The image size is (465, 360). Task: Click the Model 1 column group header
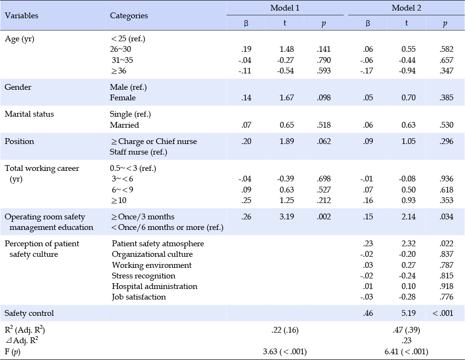click(x=285, y=8)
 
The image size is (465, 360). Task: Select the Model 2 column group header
click(x=406, y=8)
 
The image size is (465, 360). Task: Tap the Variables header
click(x=21, y=15)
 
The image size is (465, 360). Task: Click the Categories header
click(x=129, y=16)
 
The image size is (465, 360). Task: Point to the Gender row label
click(x=18, y=87)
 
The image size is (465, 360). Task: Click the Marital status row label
click(x=29, y=114)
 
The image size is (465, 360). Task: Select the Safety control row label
click(x=29, y=313)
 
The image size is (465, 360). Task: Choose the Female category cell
click(x=123, y=98)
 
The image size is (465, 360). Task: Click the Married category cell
click(x=124, y=125)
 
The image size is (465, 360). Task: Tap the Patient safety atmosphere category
click(x=158, y=244)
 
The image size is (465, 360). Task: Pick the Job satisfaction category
click(x=139, y=297)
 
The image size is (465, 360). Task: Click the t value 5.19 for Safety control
click(x=408, y=313)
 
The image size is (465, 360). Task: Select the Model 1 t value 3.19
click(x=287, y=216)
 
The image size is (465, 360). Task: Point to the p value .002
click(x=323, y=216)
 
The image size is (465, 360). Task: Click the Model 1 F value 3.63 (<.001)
click(x=285, y=352)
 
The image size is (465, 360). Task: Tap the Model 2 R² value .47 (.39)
click(x=406, y=330)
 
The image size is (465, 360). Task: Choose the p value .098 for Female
click(x=323, y=98)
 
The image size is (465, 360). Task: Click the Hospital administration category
click(x=155, y=287)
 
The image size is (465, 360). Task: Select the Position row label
click(x=19, y=141)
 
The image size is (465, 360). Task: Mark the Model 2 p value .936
click(x=446, y=179)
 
